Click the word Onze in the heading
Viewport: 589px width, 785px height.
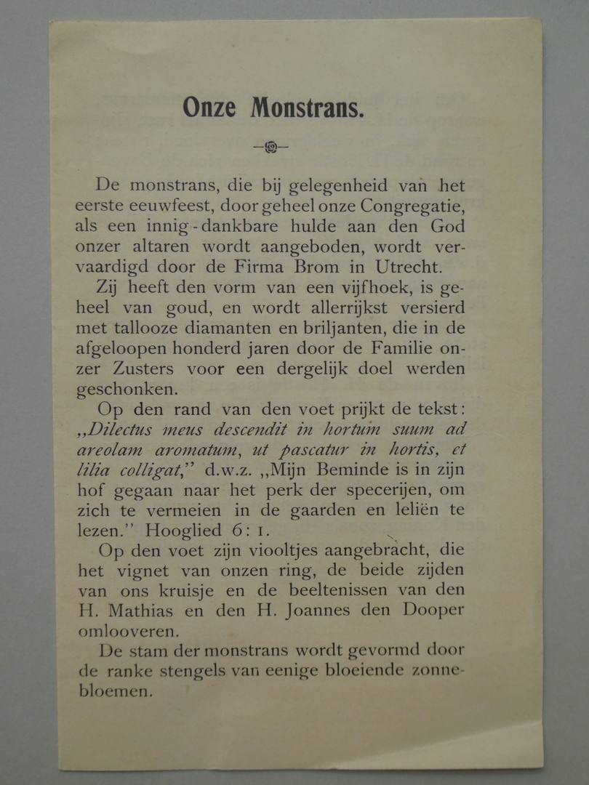click(x=209, y=108)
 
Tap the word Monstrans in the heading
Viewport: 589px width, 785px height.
click(x=307, y=108)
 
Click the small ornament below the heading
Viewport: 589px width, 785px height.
click(x=271, y=147)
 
